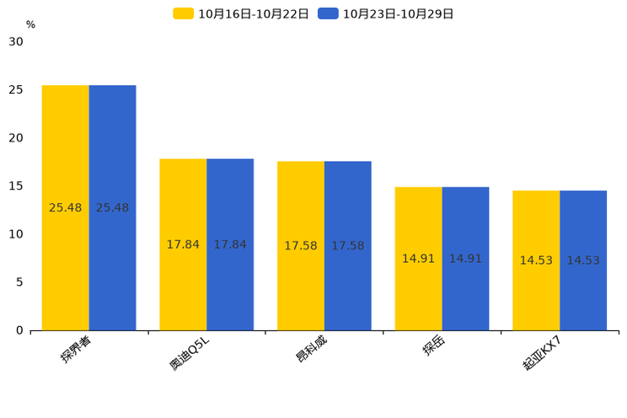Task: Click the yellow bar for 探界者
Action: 65,207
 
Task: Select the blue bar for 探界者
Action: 112,207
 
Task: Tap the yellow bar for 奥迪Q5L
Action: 183,244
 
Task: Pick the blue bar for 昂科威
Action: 348,246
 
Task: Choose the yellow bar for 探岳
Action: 418,259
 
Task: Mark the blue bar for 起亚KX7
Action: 583,260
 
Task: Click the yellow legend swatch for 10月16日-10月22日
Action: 183,13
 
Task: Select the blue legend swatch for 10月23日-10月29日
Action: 328,13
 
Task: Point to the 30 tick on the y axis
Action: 16,41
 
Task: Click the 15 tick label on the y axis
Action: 16,186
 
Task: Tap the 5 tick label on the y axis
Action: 19,282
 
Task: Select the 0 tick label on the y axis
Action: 19,330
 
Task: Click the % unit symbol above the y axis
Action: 31,24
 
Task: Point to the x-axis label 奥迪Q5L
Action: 189,353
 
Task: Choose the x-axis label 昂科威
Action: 311,349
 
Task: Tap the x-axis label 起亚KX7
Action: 542,353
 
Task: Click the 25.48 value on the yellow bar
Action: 65,207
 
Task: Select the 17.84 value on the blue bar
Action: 230,244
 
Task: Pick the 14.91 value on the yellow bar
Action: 418,259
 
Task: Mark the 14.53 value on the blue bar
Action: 583,260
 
